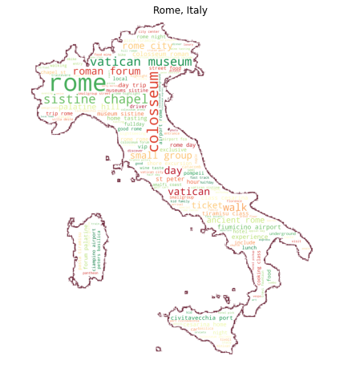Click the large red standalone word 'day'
point(172,171)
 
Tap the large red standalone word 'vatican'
point(188,193)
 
